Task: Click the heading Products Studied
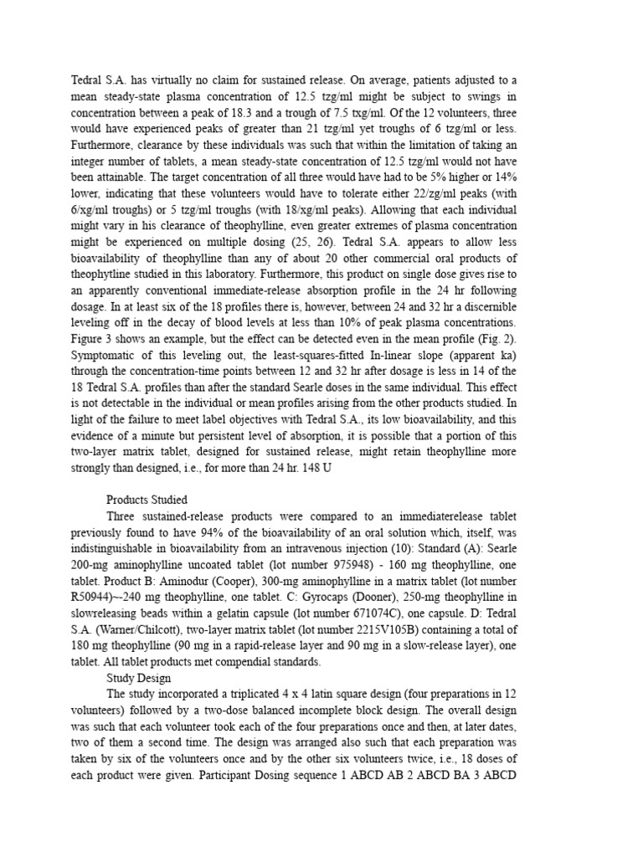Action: [x=152, y=500]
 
